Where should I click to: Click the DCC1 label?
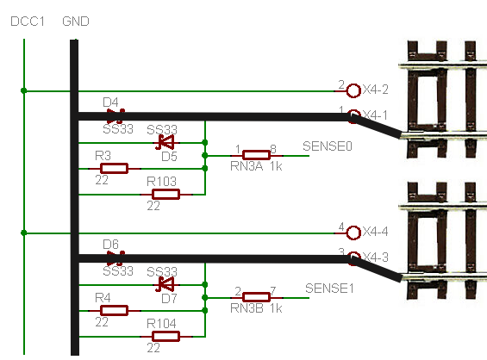pyautogui.click(x=28, y=22)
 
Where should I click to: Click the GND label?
pyautogui.click(x=76, y=22)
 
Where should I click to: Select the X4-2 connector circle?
pyautogui.click(x=353, y=90)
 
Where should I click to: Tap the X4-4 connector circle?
pyautogui.click(x=353, y=233)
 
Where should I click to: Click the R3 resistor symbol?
pyautogui.click(x=115, y=169)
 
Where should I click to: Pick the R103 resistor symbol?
pyautogui.click(x=165, y=195)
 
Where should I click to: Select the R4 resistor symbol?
pyautogui.click(x=115, y=310)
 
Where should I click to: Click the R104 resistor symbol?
pyautogui.click(x=165, y=337)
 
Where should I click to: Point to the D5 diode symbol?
pyautogui.click(x=165, y=142)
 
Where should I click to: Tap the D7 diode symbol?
pyautogui.click(x=165, y=284)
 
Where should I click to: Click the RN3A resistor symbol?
pyautogui.click(x=256, y=155)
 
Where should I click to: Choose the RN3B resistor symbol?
pyautogui.click(x=256, y=297)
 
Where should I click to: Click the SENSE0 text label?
pyautogui.click(x=328, y=146)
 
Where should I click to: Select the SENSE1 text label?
pyautogui.click(x=329, y=289)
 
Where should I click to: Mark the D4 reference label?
pyautogui.click(x=110, y=102)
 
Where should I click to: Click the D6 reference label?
pyautogui.click(x=110, y=245)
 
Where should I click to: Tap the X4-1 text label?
pyautogui.click(x=375, y=115)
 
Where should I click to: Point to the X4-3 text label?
pyautogui.click(x=376, y=258)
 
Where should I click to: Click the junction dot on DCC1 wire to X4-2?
pyautogui.click(x=23, y=90)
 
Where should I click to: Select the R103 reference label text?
pyautogui.click(x=161, y=181)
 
